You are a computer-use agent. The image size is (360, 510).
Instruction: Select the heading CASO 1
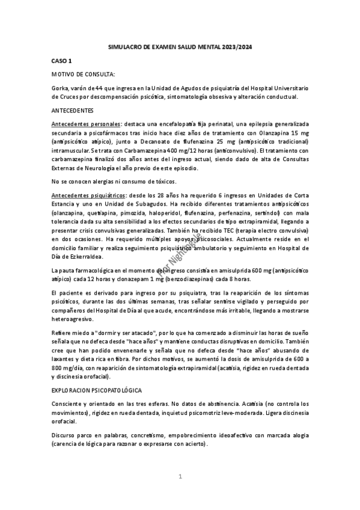point(62,61)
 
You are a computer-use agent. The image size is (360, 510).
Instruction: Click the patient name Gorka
point(61,88)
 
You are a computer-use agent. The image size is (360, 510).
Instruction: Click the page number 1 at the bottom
point(180,477)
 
